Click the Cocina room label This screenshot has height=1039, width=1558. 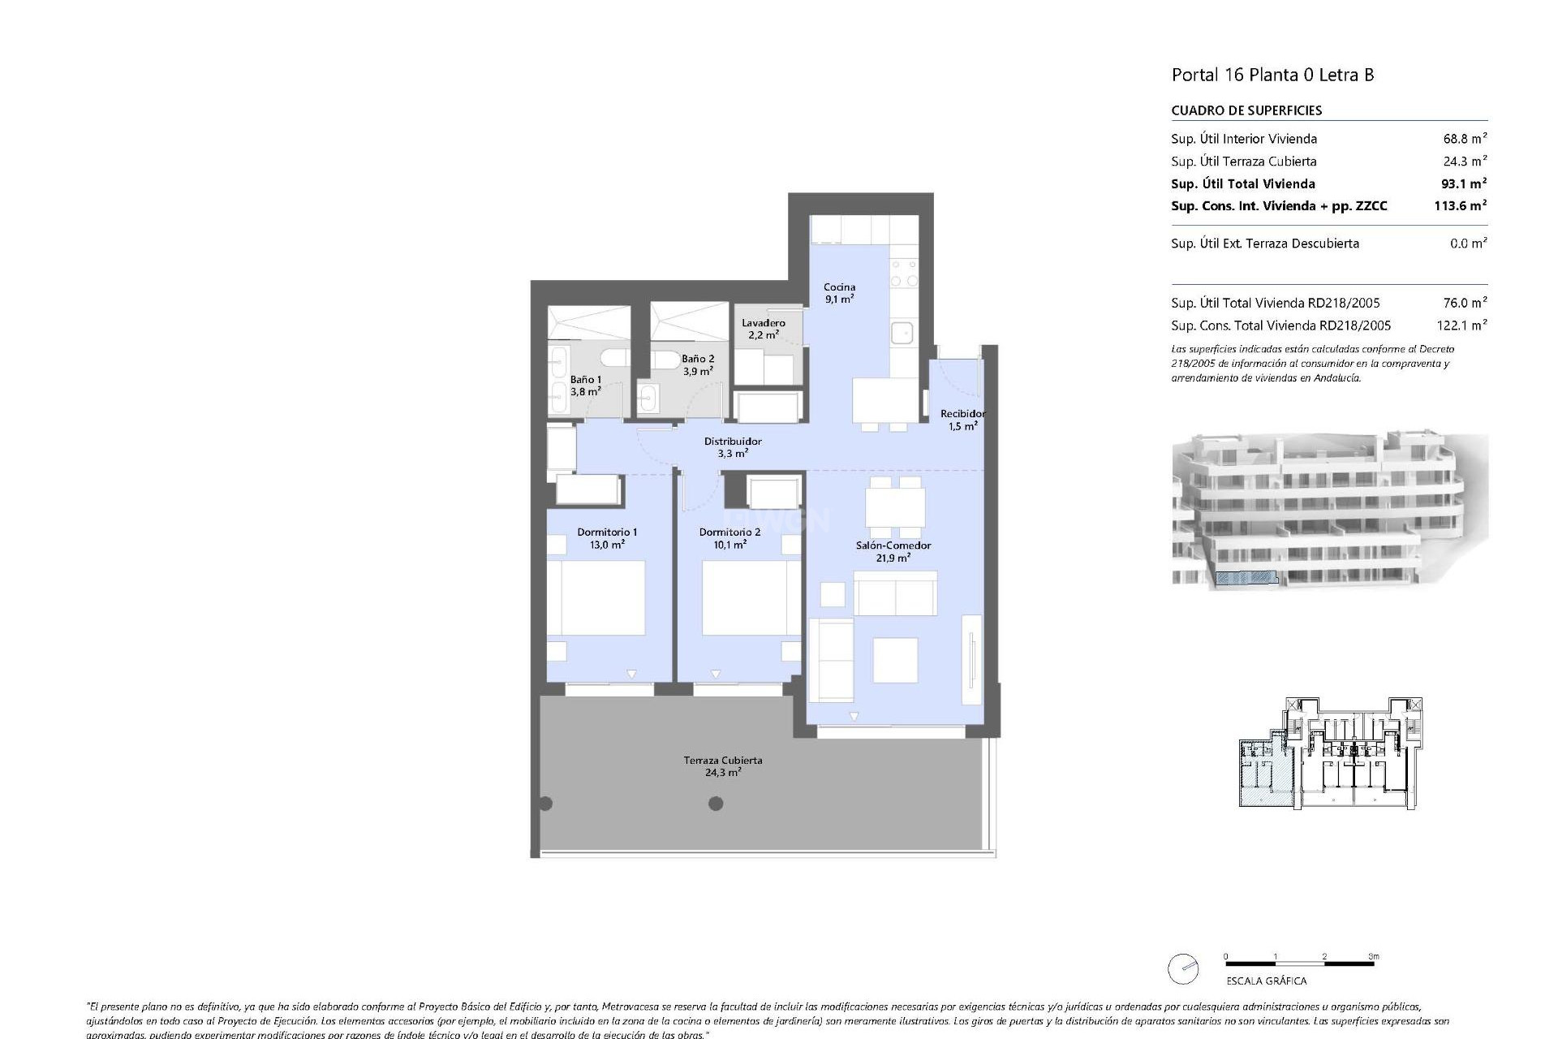(839, 292)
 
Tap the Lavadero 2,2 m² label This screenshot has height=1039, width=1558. (763, 329)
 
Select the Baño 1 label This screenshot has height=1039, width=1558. (585, 385)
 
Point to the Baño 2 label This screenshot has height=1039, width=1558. (698, 364)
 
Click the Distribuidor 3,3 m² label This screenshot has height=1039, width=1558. (733, 447)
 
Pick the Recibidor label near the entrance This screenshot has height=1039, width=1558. (962, 420)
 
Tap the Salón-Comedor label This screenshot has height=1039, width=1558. (893, 551)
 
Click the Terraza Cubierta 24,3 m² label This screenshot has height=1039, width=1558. (722, 766)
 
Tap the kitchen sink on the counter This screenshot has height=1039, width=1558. (902, 333)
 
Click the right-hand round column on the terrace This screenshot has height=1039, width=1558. (716, 804)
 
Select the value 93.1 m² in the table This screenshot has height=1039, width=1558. (1460, 183)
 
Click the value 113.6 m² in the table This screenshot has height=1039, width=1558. (1460, 206)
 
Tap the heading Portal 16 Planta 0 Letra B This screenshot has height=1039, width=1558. (1272, 75)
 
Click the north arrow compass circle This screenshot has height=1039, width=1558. (1183, 969)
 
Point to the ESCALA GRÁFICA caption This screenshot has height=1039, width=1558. (1266, 981)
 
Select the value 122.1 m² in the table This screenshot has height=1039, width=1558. (1460, 325)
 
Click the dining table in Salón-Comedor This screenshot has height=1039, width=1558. (894, 508)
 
